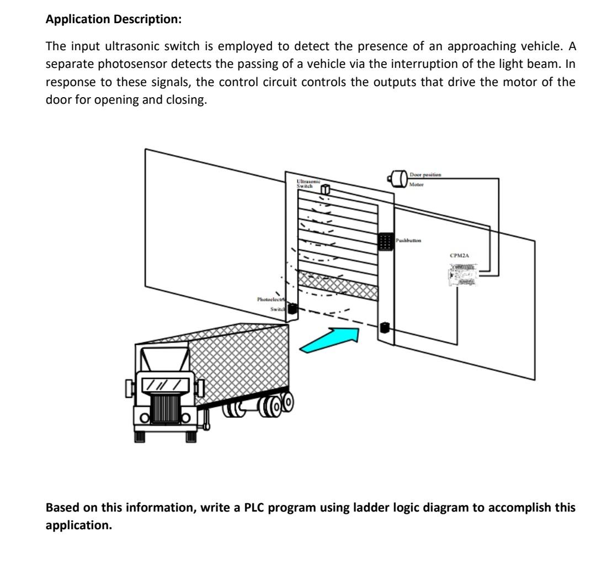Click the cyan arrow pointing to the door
(x=328, y=338)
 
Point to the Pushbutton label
(x=408, y=241)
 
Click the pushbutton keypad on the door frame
(x=385, y=241)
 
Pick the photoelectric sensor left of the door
(x=292, y=310)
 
